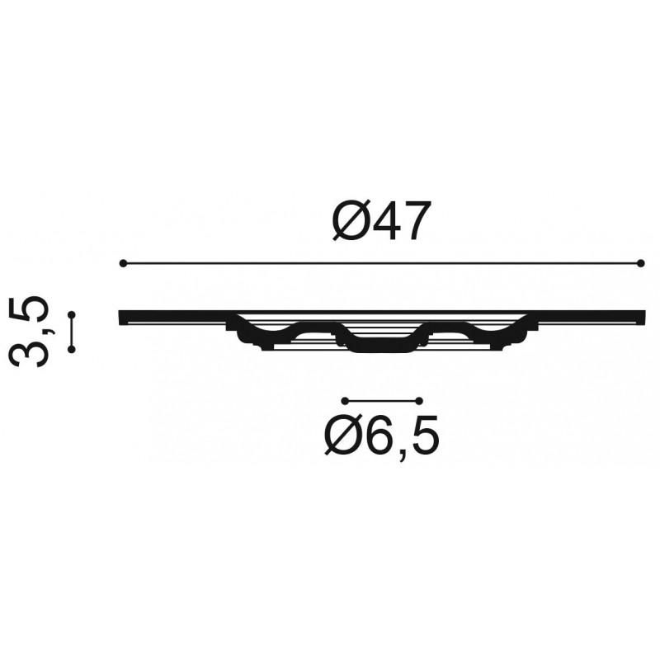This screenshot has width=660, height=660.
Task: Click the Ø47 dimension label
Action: point(382,220)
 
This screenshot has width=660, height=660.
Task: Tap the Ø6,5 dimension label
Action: point(381,436)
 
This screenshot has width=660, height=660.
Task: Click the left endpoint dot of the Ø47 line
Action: point(123,263)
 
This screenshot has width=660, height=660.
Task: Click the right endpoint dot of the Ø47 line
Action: point(641,263)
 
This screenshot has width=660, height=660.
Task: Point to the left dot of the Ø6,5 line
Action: point(345,400)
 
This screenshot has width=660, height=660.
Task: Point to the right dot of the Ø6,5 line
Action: point(419,400)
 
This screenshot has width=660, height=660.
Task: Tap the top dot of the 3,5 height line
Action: point(72,315)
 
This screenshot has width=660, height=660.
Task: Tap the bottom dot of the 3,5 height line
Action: point(72,349)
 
